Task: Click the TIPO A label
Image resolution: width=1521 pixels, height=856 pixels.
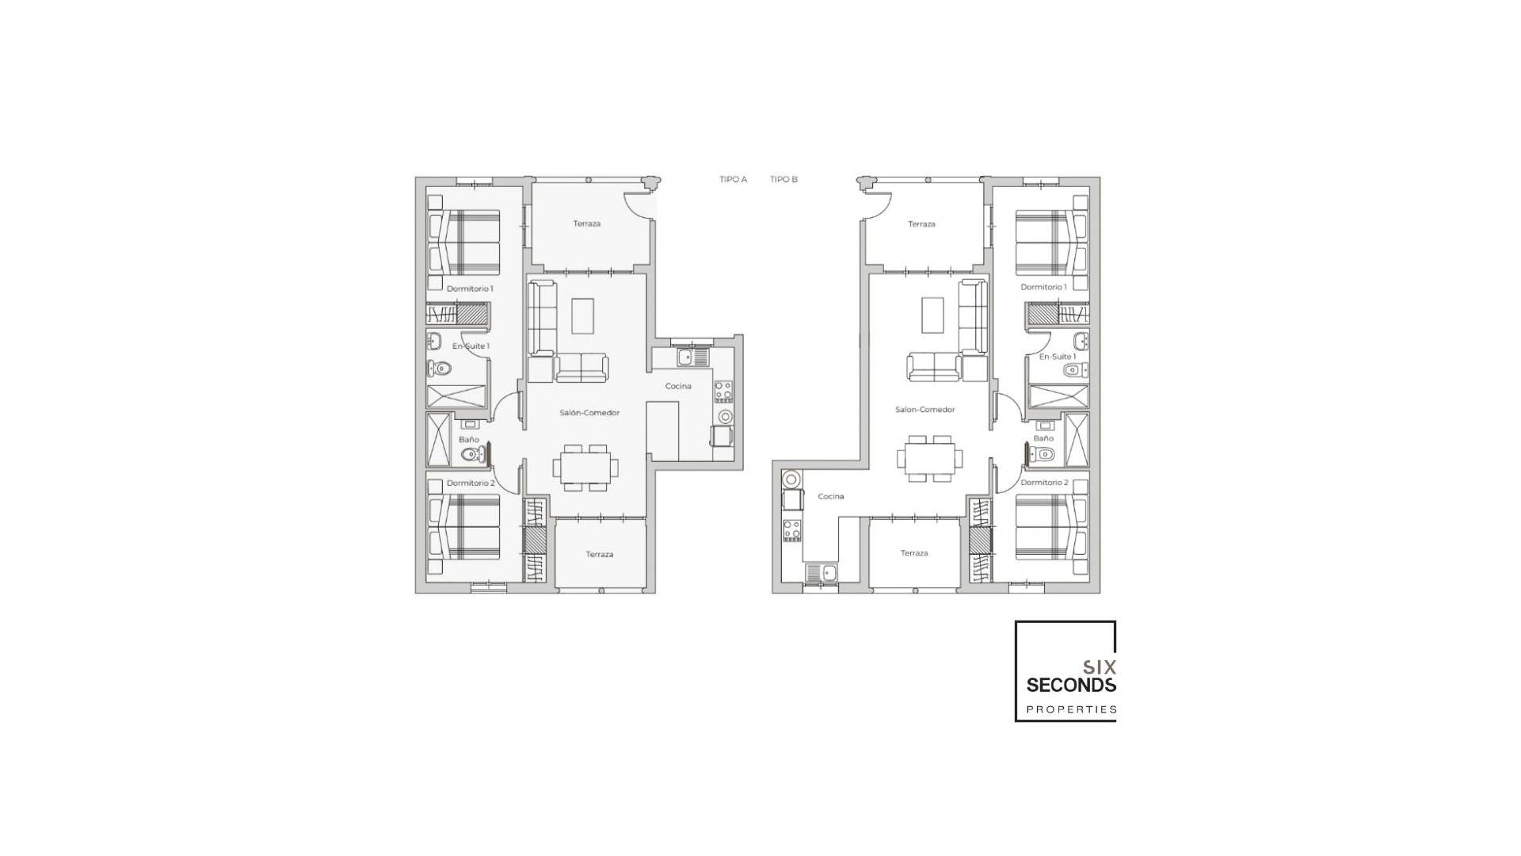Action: click(733, 179)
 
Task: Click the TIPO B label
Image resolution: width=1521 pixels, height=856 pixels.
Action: click(783, 179)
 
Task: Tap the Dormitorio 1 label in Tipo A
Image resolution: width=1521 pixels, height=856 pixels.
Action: click(469, 289)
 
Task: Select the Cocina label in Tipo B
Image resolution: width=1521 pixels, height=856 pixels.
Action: click(830, 496)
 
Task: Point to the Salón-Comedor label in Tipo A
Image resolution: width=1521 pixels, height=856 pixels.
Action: click(589, 412)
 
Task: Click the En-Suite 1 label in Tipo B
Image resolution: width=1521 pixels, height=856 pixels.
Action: click(1057, 357)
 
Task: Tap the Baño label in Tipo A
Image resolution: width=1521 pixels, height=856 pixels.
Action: click(468, 439)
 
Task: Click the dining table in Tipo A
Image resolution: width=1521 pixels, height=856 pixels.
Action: click(585, 464)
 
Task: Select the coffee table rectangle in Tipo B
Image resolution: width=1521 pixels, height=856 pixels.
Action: click(932, 315)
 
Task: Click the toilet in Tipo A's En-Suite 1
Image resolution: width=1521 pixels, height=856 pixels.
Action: click(439, 369)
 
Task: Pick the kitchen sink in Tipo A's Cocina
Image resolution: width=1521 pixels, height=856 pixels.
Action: click(685, 357)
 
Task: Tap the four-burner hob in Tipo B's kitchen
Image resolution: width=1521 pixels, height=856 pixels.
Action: click(791, 530)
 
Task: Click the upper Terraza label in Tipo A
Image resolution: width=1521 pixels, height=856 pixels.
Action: click(586, 224)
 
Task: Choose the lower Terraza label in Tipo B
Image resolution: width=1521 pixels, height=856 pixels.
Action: click(913, 553)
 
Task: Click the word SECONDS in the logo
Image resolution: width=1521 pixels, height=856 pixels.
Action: click(1071, 685)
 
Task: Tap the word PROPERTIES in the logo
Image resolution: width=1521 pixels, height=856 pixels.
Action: click(1071, 709)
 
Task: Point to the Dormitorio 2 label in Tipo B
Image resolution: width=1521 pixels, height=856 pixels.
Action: click(1043, 482)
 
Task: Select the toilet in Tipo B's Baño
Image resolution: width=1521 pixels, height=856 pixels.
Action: click(1043, 454)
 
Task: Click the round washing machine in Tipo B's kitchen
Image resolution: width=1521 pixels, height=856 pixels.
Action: click(791, 478)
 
